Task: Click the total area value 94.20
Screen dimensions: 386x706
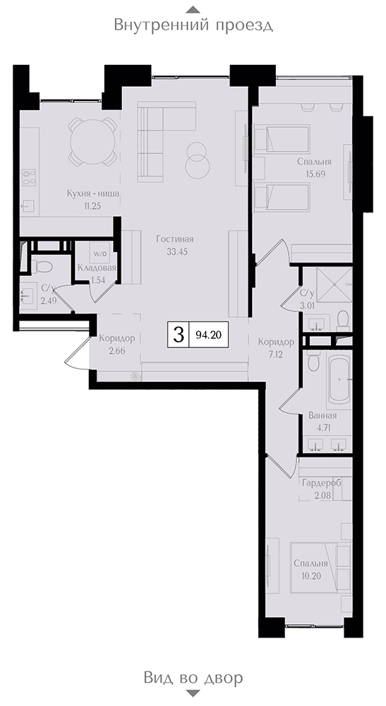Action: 209,335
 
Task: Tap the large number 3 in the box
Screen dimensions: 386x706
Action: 179,335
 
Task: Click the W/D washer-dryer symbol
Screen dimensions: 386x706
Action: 100,253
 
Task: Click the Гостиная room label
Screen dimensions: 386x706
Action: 174,239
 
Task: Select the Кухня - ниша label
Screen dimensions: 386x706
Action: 92,194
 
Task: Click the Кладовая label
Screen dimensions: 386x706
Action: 97,268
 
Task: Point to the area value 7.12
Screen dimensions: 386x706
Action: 276,354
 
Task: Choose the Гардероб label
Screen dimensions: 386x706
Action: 321,483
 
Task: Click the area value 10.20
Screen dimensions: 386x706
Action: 310,575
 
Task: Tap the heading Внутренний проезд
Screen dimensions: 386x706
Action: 193,24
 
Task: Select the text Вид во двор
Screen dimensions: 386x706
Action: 193,677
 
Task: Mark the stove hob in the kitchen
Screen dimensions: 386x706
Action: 29,177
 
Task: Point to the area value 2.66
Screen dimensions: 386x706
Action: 117,351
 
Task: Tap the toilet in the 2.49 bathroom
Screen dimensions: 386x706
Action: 42,268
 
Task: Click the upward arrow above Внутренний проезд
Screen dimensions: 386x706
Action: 193,9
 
